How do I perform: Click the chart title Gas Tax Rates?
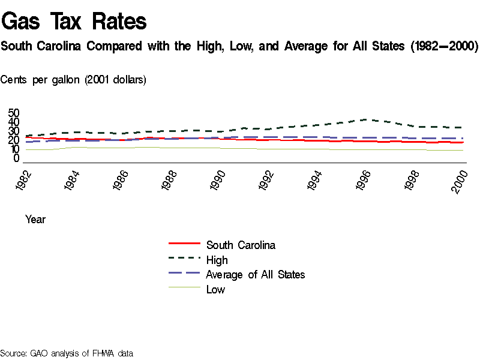pos(74,22)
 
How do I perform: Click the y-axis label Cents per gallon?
pos(73,79)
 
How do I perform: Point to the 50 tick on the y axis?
pos(14,113)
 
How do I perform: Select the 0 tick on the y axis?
pos(17,158)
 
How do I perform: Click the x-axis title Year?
pos(35,220)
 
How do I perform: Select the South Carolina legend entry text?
pos(241,245)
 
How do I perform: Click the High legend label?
pos(217,260)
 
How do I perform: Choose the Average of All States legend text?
pos(255,274)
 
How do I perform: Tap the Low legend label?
pos(215,289)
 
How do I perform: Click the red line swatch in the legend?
pos(184,244)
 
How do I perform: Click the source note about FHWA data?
pos(66,353)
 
